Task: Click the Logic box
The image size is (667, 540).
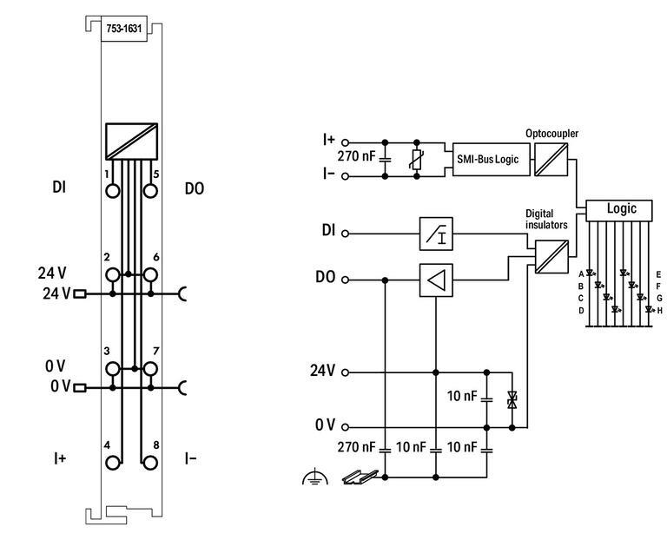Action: point(621,209)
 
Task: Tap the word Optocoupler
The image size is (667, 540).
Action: point(551,133)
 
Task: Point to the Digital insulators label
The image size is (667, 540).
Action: point(546,218)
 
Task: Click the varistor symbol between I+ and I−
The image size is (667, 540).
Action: point(418,159)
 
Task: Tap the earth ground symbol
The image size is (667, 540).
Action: point(314,477)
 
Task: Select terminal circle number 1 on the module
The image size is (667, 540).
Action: point(112,190)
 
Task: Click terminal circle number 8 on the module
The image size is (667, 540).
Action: point(150,461)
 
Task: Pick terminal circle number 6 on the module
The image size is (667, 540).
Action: point(150,275)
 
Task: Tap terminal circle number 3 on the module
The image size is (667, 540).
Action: point(112,369)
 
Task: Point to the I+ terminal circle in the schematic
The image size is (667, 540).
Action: point(345,142)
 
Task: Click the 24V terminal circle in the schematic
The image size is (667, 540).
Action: point(345,372)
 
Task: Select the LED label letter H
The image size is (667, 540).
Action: point(660,310)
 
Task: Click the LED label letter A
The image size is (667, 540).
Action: point(580,273)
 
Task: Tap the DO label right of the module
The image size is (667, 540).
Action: point(195,188)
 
